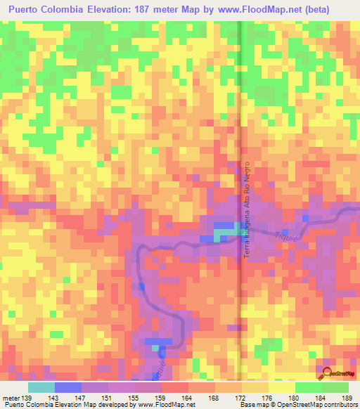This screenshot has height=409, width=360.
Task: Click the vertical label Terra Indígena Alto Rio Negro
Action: tap(247, 211)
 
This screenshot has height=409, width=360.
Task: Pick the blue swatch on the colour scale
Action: tap(67, 388)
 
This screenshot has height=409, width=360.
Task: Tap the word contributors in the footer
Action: tap(338, 404)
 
